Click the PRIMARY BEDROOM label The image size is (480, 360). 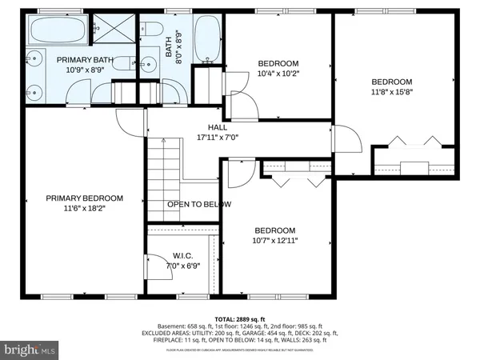click(x=84, y=198)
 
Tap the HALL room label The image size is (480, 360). click(x=218, y=127)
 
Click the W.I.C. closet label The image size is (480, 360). click(x=182, y=256)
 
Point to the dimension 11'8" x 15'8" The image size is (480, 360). click(x=391, y=92)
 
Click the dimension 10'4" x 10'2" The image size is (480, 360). click(x=278, y=74)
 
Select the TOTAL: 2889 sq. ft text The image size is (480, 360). click(x=240, y=318)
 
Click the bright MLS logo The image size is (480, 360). click(x=30, y=350)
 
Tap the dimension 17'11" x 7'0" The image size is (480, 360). click(x=218, y=137)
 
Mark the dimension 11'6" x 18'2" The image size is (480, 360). click(x=84, y=208)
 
